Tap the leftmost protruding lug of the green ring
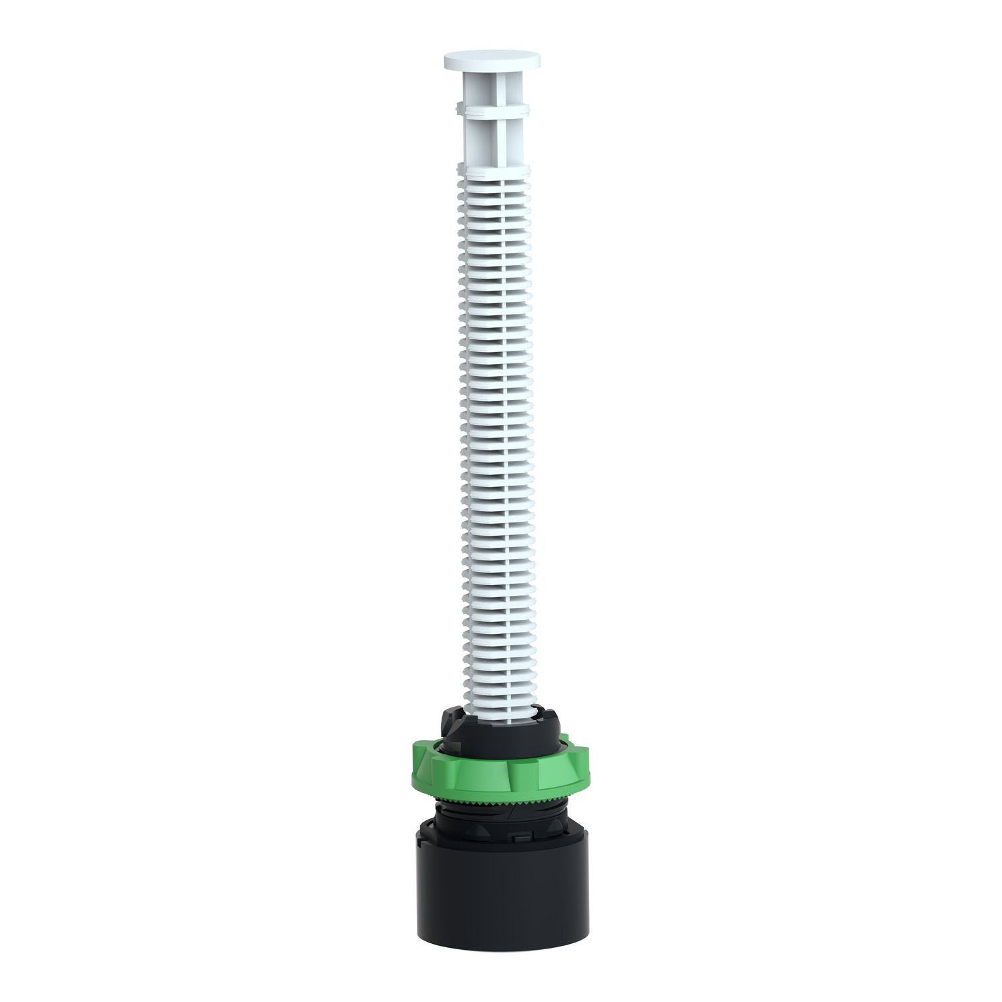click(x=417, y=768)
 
